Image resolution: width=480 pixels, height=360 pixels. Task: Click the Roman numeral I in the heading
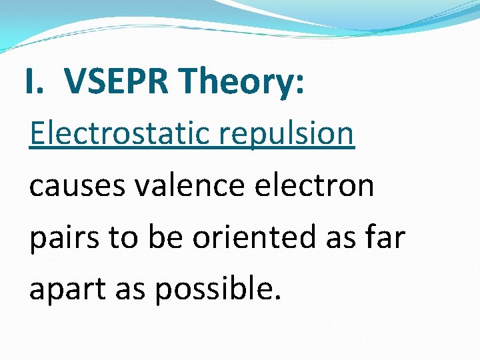31,81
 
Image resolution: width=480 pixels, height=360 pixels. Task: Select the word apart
64,289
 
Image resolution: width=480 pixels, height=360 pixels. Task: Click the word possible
214,289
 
